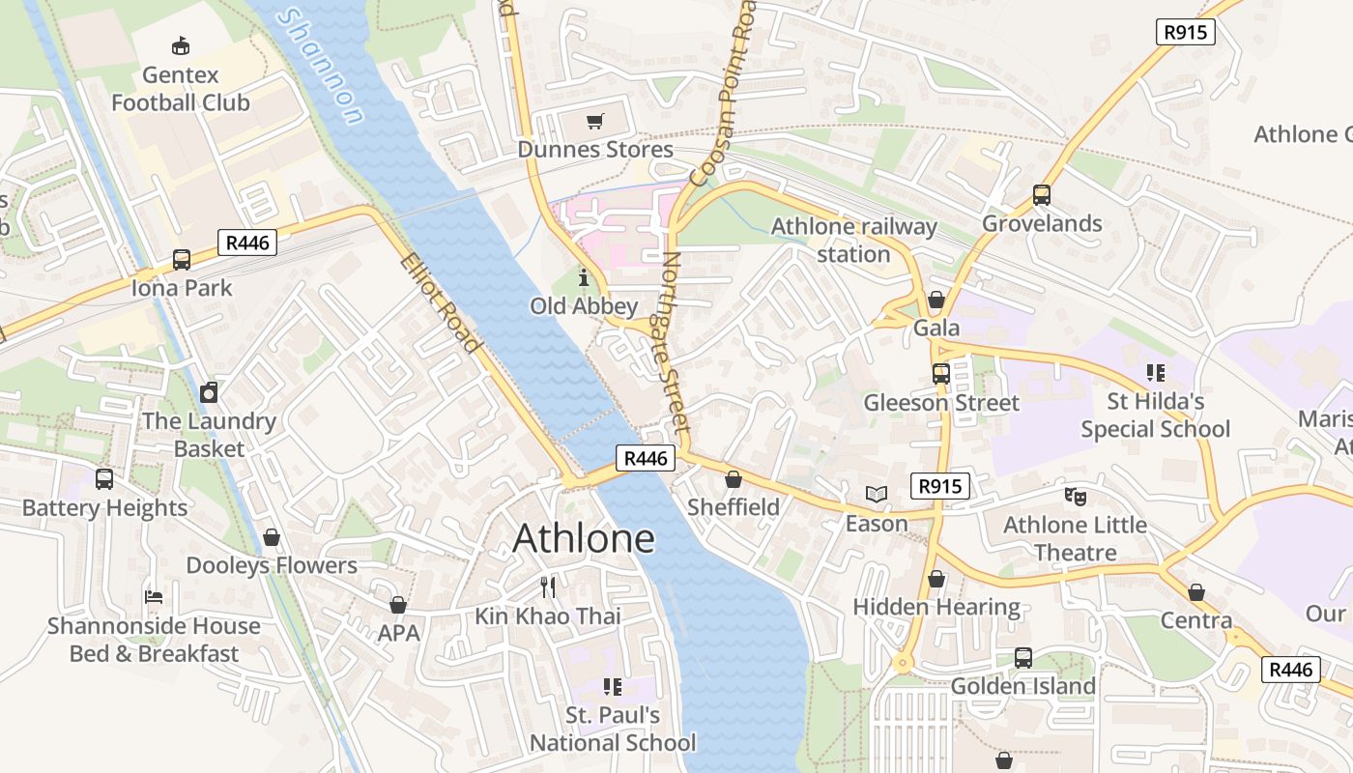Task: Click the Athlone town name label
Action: pyautogui.click(x=584, y=538)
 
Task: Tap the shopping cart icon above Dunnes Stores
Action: pyautogui.click(x=595, y=122)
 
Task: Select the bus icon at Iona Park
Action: pyautogui.click(x=182, y=259)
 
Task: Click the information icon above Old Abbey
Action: pyautogui.click(x=583, y=278)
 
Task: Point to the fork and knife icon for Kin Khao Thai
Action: pyautogui.click(x=548, y=587)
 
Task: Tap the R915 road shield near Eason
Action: pyautogui.click(x=939, y=486)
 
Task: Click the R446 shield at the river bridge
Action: pyautogui.click(x=646, y=458)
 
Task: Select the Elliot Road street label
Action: pyautogui.click(x=441, y=302)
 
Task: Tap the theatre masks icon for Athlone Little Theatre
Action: pyautogui.click(x=1075, y=497)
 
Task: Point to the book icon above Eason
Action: pyautogui.click(x=877, y=495)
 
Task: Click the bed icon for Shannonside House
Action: pyautogui.click(x=154, y=596)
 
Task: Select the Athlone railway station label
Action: pyautogui.click(x=853, y=241)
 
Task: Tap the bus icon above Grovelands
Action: pyautogui.click(x=1042, y=195)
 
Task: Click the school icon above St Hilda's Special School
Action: pyautogui.click(x=1155, y=372)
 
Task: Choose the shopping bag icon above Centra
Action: pyautogui.click(x=1196, y=591)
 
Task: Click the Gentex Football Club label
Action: pyautogui.click(x=181, y=88)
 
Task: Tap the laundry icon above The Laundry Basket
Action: pyautogui.click(x=209, y=392)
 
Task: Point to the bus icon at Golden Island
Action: pyautogui.click(x=1023, y=658)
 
